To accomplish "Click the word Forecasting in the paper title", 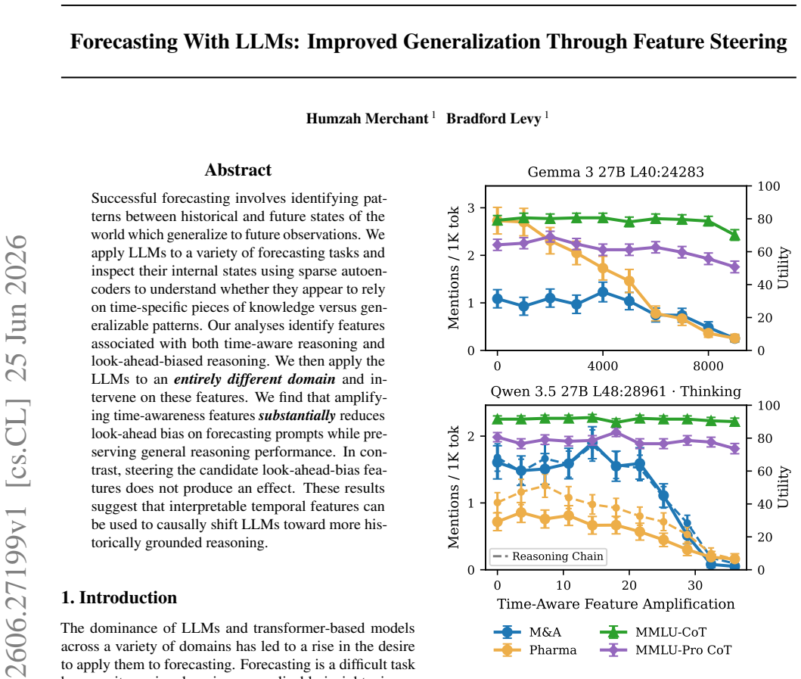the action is click(124, 42).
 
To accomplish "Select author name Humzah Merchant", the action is click(367, 119).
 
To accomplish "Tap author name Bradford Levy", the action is click(493, 119).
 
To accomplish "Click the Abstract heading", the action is click(238, 170).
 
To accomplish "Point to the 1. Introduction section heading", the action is click(119, 597).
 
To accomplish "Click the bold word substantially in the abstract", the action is click(296, 415).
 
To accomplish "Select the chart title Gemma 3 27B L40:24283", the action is click(616, 172).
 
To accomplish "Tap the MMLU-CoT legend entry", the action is click(654, 632).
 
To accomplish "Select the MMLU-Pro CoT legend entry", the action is click(666, 649).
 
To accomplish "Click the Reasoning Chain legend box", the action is click(548, 556).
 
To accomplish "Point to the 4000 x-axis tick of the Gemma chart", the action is click(603, 366).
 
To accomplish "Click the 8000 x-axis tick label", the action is click(708, 366).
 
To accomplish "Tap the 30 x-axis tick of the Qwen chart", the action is click(695, 585).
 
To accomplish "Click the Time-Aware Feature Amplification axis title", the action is click(616, 604).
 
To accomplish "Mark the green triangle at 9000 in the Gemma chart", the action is click(734, 235).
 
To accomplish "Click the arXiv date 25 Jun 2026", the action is click(17, 308).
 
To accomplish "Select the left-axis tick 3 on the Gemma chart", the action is click(470, 208).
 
